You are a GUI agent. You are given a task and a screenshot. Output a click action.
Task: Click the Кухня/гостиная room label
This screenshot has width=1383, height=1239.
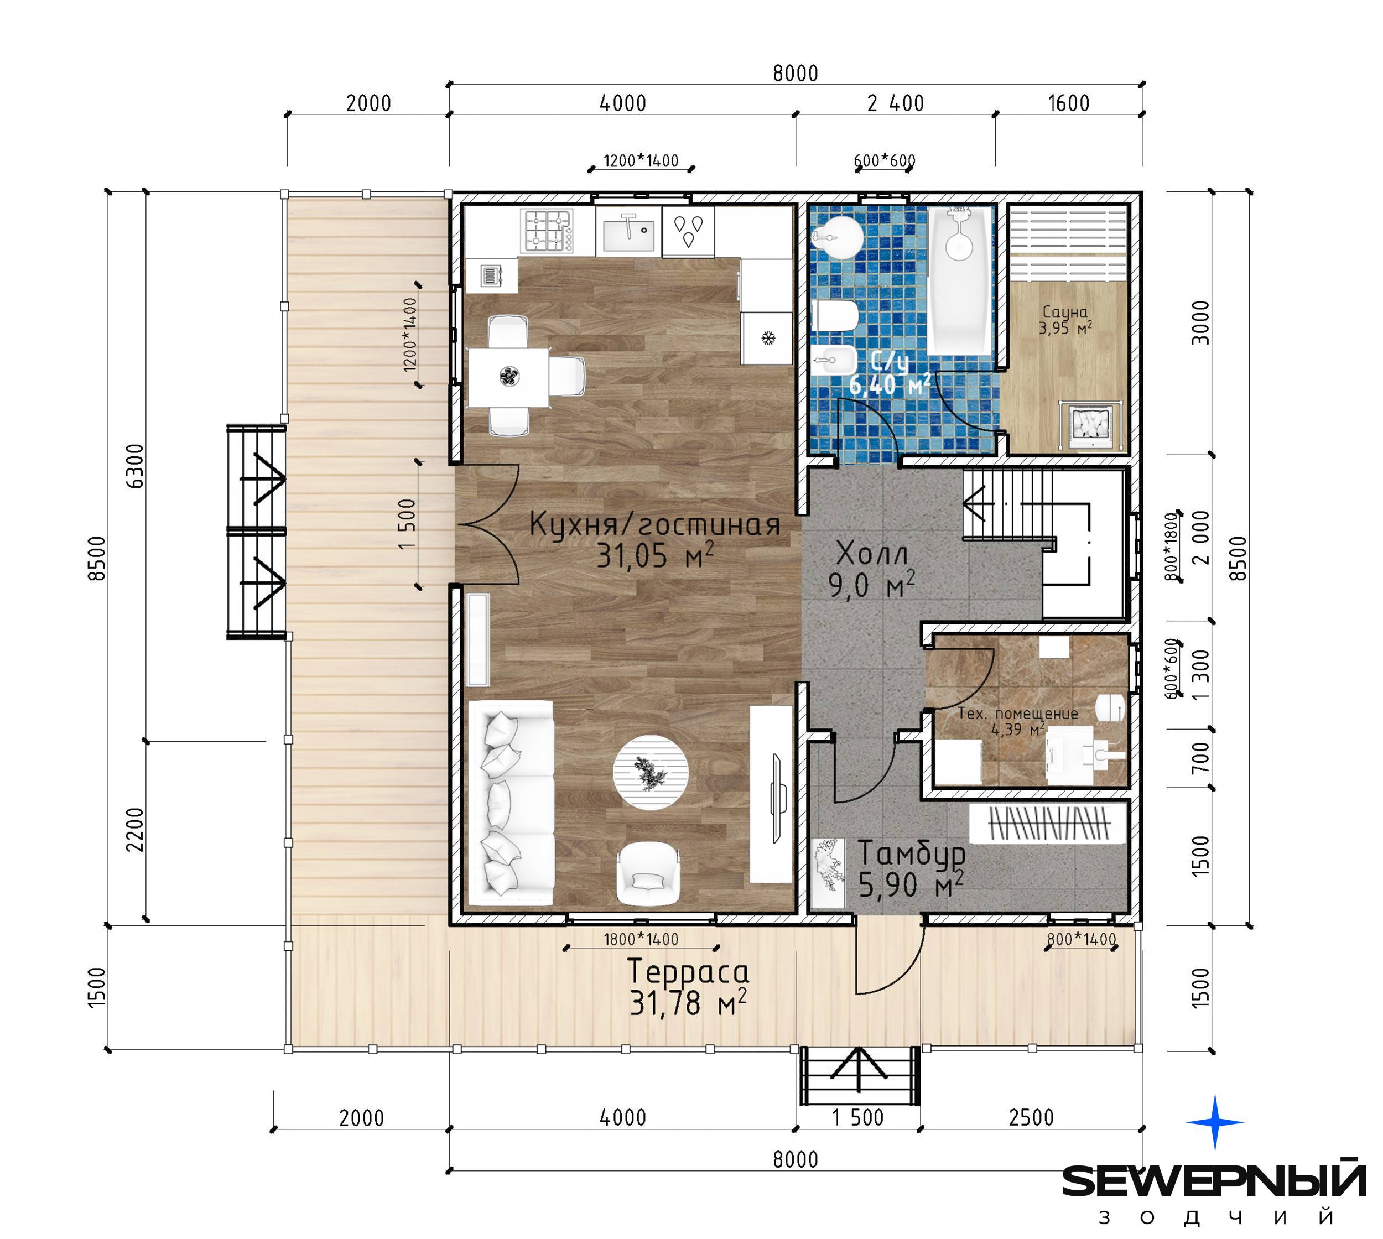pos(654,525)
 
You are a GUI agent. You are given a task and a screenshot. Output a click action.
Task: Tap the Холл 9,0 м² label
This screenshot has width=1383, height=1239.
pos(872,569)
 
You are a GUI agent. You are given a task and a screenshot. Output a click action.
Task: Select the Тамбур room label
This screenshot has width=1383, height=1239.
pos(911,853)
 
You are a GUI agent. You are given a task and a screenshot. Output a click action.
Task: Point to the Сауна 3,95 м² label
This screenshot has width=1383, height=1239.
pos(1065,320)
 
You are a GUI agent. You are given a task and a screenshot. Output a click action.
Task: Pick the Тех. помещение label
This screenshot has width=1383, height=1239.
pos(1018,714)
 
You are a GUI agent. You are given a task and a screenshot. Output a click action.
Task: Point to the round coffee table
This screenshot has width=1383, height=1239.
pos(651,772)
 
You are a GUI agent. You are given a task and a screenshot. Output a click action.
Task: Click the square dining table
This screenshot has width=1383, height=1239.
pos(508,377)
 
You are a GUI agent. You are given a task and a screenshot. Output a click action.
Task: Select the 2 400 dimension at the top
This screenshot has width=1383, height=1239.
pos(896,103)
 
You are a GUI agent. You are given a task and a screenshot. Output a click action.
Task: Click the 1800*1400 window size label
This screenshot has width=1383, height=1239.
pos(641,939)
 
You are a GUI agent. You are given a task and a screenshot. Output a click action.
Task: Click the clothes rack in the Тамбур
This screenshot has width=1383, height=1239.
pos(1049,824)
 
